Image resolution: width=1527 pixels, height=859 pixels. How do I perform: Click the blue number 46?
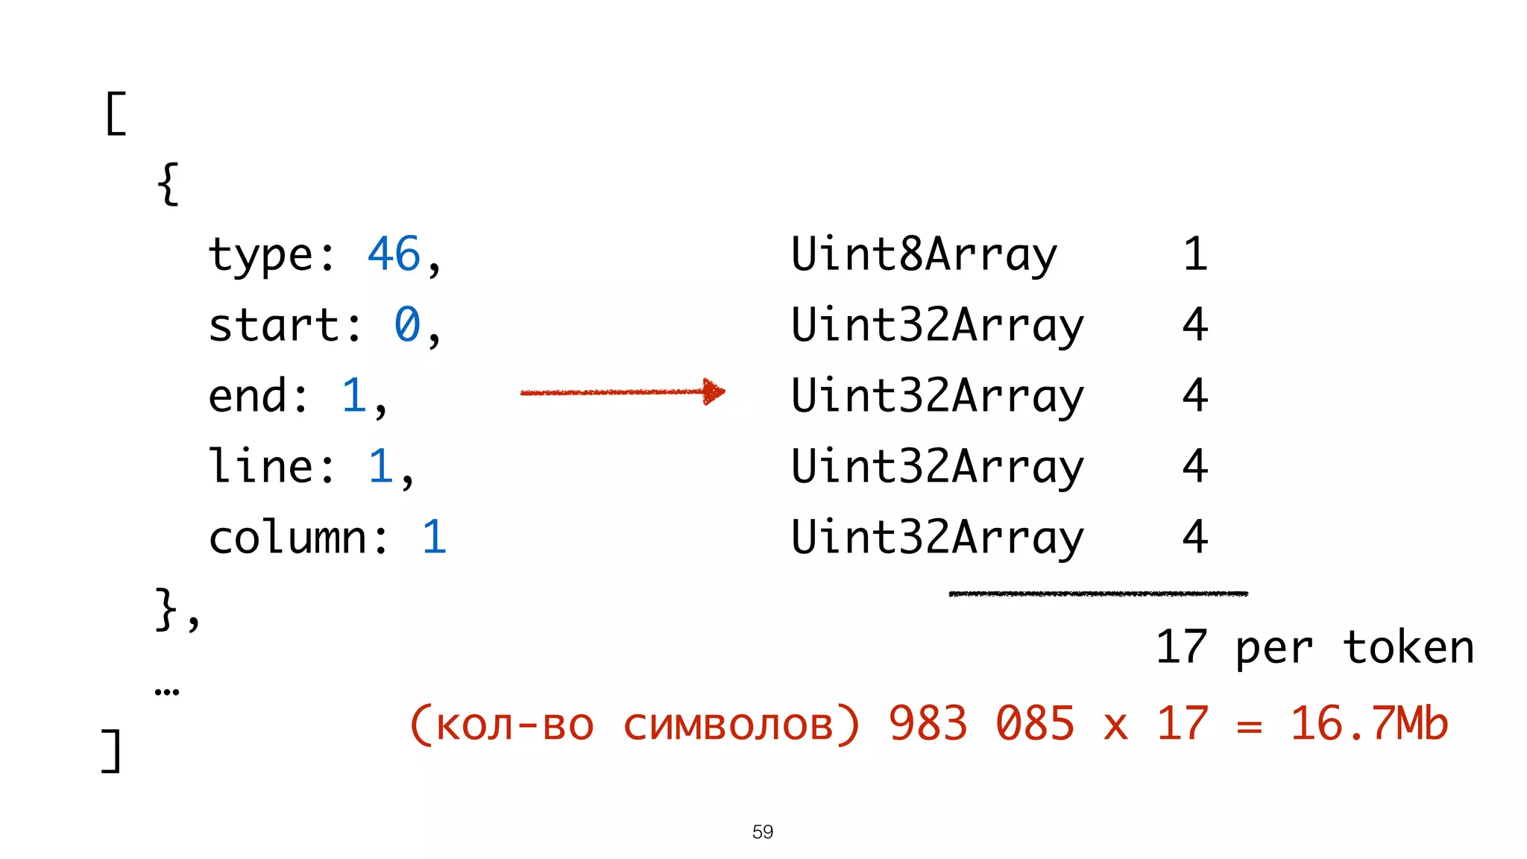click(394, 254)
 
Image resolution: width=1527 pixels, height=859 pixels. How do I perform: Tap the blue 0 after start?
click(407, 325)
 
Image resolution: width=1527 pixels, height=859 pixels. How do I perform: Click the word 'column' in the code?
click(287, 537)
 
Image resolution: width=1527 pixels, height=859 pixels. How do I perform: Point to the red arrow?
click(623, 391)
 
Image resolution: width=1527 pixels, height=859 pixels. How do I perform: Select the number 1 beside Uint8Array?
click(1194, 254)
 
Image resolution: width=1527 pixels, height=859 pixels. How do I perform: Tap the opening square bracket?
click(116, 113)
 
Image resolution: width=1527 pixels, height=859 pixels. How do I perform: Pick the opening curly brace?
click(169, 183)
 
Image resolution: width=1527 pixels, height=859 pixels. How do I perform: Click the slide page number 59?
click(763, 831)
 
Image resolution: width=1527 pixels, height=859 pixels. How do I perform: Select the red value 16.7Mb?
click(1369, 723)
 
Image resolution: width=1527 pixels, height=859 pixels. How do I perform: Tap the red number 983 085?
click(981, 723)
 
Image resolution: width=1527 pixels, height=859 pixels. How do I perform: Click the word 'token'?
click(1408, 647)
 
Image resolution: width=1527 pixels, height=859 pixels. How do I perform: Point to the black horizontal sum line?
click(1098, 594)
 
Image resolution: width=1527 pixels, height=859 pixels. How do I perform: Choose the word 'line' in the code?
click(260, 467)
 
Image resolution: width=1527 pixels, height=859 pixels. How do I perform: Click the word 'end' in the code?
click(247, 395)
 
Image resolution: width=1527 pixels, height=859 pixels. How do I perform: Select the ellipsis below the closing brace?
click(167, 692)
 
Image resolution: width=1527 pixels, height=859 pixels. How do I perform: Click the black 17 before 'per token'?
click(1181, 646)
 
